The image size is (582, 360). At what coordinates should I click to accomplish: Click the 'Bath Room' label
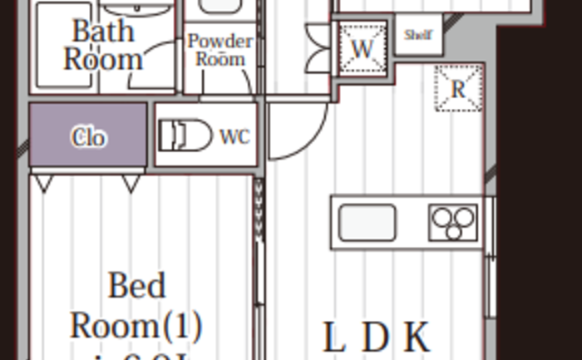103,45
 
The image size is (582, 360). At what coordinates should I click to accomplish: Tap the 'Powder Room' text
220,50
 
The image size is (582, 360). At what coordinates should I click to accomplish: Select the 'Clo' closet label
88,137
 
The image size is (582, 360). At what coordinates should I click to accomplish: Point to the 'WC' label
234,137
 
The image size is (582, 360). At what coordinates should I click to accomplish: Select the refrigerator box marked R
457,89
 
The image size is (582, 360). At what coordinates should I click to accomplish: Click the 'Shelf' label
417,35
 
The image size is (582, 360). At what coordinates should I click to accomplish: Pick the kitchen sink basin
367,223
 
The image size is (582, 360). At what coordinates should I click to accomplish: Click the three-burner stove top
454,223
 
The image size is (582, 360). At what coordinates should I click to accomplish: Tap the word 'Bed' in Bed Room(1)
136,286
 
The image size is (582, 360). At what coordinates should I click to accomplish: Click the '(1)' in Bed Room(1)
183,326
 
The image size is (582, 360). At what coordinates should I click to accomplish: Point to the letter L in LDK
333,338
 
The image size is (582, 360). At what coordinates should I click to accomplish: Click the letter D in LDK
375,338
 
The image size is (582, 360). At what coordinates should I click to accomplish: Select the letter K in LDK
417,338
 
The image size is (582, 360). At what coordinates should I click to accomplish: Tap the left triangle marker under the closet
44,183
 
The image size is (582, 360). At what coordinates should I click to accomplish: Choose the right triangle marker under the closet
131,183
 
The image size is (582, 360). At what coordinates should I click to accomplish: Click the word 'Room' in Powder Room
220,59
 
